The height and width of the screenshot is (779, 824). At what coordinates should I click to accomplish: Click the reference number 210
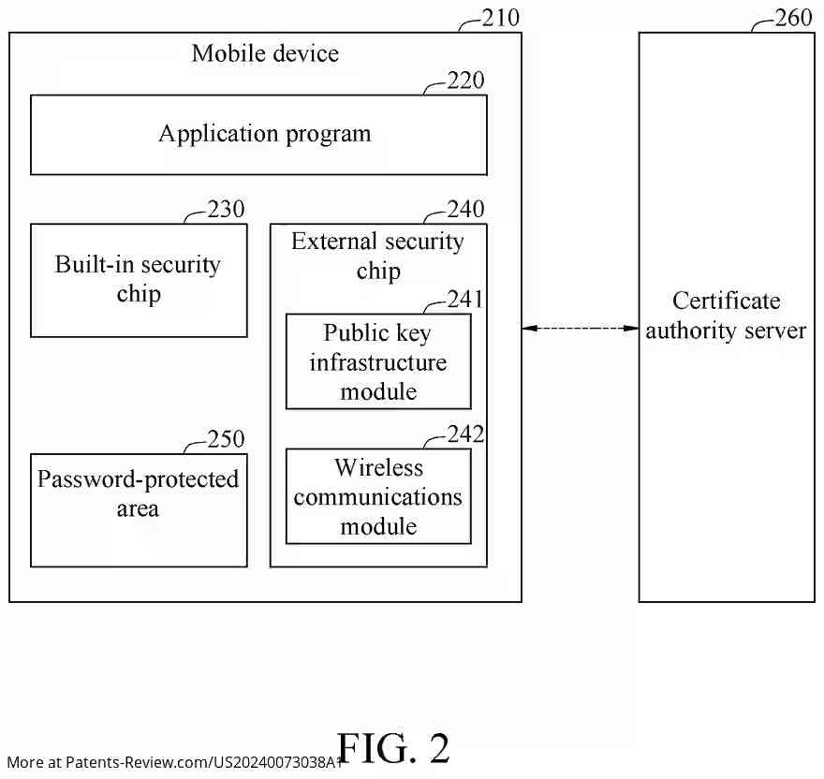[x=500, y=18]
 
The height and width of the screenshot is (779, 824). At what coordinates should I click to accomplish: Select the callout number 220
[x=465, y=81]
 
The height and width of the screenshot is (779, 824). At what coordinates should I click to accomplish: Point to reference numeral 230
[x=226, y=209]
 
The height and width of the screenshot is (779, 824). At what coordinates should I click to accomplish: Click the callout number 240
[x=465, y=209]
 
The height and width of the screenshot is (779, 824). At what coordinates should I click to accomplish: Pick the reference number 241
[x=465, y=299]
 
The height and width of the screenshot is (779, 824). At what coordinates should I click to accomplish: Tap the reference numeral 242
[x=465, y=434]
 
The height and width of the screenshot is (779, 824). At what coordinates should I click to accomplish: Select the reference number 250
[x=226, y=439]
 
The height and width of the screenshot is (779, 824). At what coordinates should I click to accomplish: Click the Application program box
[x=258, y=135]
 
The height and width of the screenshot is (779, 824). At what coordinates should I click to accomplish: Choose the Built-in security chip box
[x=139, y=280]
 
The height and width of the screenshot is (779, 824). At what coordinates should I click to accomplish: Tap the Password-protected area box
[x=139, y=510]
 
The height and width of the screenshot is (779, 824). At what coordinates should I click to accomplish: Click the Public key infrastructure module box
[x=378, y=362]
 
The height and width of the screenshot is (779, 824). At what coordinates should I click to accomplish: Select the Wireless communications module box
[x=378, y=497]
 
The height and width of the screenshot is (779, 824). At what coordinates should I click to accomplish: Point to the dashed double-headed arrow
[x=580, y=329]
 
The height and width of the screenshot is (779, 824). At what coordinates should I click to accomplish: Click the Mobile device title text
[x=265, y=53]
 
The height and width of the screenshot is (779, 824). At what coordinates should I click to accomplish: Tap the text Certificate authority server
[x=726, y=316]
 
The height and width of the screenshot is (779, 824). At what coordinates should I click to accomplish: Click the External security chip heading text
[x=378, y=257]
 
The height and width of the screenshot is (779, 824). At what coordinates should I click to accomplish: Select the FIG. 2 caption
[x=393, y=748]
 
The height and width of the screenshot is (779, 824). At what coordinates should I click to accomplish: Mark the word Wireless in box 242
[x=378, y=467]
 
